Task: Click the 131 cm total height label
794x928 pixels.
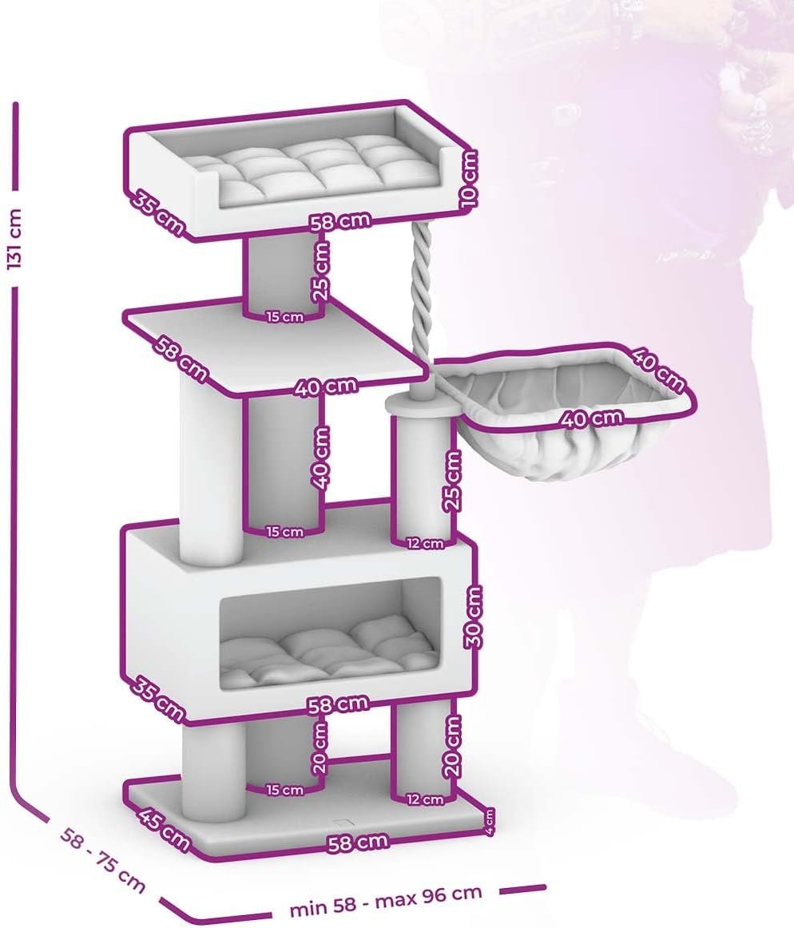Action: click(x=14, y=239)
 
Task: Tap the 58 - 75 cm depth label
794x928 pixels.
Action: click(x=102, y=860)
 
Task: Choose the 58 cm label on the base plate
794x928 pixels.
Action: click(x=358, y=843)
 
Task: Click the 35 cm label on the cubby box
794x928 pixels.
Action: click(x=157, y=699)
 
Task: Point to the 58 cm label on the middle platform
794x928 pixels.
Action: click(x=181, y=359)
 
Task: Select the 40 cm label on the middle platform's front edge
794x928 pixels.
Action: click(x=326, y=387)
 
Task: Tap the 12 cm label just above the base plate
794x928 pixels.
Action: click(x=424, y=799)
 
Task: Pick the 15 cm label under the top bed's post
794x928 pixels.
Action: click(x=284, y=316)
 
